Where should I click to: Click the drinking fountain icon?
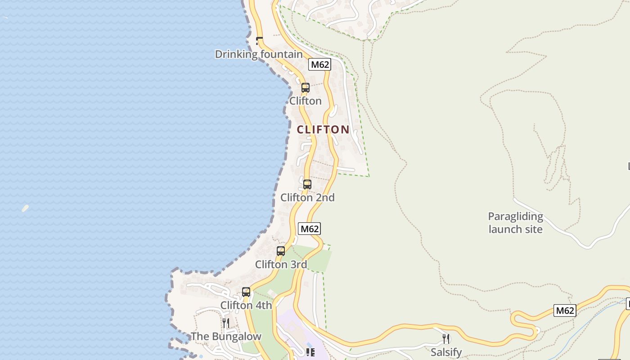(x=259, y=40)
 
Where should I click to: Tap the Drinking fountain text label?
(x=259, y=54)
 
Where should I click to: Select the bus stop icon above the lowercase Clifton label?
(x=305, y=88)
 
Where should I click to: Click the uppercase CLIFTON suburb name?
(x=323, y=130)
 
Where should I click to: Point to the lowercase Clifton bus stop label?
(x=305, y=101)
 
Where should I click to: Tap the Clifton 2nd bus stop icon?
(x=307, y=184)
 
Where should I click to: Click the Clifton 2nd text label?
(x=307, y=198)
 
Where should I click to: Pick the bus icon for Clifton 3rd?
(x=281, y=251)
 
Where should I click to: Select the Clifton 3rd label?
(x=281, y=265)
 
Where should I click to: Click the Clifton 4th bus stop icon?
(x=246, y=292)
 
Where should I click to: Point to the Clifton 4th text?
(x=246, y=306)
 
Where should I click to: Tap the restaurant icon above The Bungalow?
(x=226, y=323)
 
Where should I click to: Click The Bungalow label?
(x=226, y=337)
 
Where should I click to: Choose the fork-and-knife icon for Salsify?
(x=446, y=338)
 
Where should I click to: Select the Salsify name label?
(x=446, y=352)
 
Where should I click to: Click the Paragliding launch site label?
(x=516, y=223)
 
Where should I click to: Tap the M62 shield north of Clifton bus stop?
(x=319, y=64)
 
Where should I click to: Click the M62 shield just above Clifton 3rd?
(x=309, y=229)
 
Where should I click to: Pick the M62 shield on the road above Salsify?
(x=565, y=310)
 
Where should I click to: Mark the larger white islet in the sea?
(x=25, y=208)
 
